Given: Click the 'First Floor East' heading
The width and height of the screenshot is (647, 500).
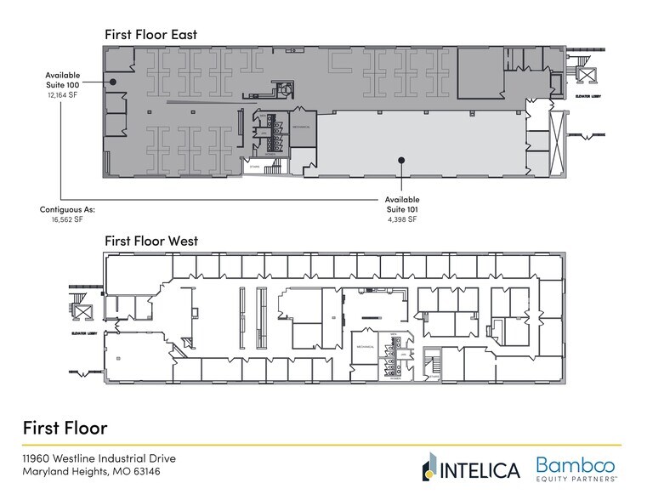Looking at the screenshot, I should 150,34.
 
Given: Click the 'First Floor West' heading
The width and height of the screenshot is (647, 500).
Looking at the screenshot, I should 151,241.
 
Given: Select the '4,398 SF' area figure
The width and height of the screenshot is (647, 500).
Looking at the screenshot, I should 402,219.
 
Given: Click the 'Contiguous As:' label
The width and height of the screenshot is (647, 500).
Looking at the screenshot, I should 67,208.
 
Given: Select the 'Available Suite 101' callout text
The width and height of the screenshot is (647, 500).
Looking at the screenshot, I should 402,203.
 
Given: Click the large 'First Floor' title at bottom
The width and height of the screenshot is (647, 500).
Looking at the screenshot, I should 65,426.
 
